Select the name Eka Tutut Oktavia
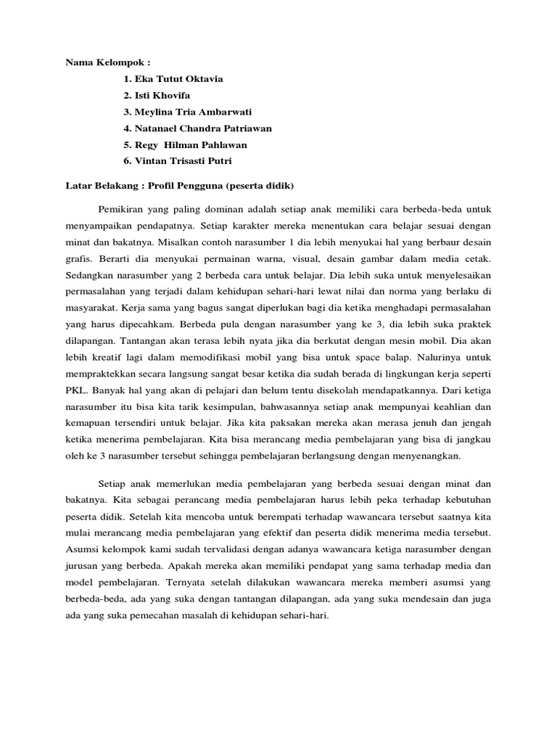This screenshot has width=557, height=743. coord(173,78)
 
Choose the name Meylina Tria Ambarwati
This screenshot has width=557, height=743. coord(189,112)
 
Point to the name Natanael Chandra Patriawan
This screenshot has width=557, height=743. coord(197,128)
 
